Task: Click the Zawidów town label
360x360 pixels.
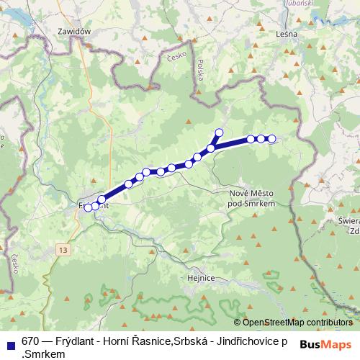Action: (x=76, y=32)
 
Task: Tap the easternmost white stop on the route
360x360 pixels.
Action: (x=271, y=139)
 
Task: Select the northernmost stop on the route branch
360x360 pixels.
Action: (x=219, y=132)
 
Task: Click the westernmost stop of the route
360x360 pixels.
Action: (x=88, y=207)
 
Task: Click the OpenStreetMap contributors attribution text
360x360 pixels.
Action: (x=297, y=322)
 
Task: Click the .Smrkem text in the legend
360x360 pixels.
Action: (x=44, y=354)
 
